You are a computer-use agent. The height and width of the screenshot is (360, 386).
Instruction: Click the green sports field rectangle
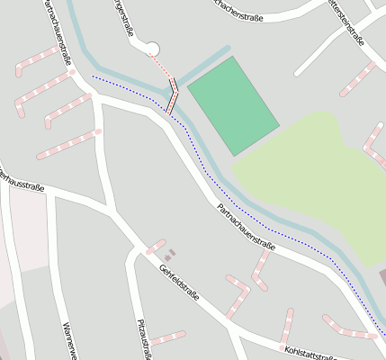pos(233,105)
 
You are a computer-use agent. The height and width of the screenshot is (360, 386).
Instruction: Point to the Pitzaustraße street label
pos(142,337)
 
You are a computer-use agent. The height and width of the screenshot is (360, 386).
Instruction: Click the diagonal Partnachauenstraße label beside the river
pos(246,226)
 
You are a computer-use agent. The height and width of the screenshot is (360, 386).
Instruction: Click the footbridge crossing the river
pos(171,95)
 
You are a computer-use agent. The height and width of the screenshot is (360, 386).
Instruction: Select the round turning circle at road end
pos(152,49)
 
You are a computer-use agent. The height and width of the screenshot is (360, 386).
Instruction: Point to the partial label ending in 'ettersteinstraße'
pos(346,22)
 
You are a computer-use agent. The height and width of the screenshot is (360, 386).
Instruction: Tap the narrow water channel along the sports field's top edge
pos(203,65)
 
